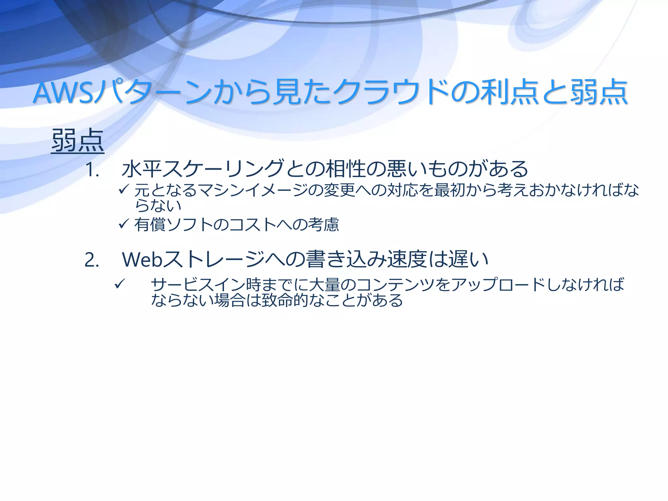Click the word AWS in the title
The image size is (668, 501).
64,93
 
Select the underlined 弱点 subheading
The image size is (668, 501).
78,141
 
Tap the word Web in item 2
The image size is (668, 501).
142,260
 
